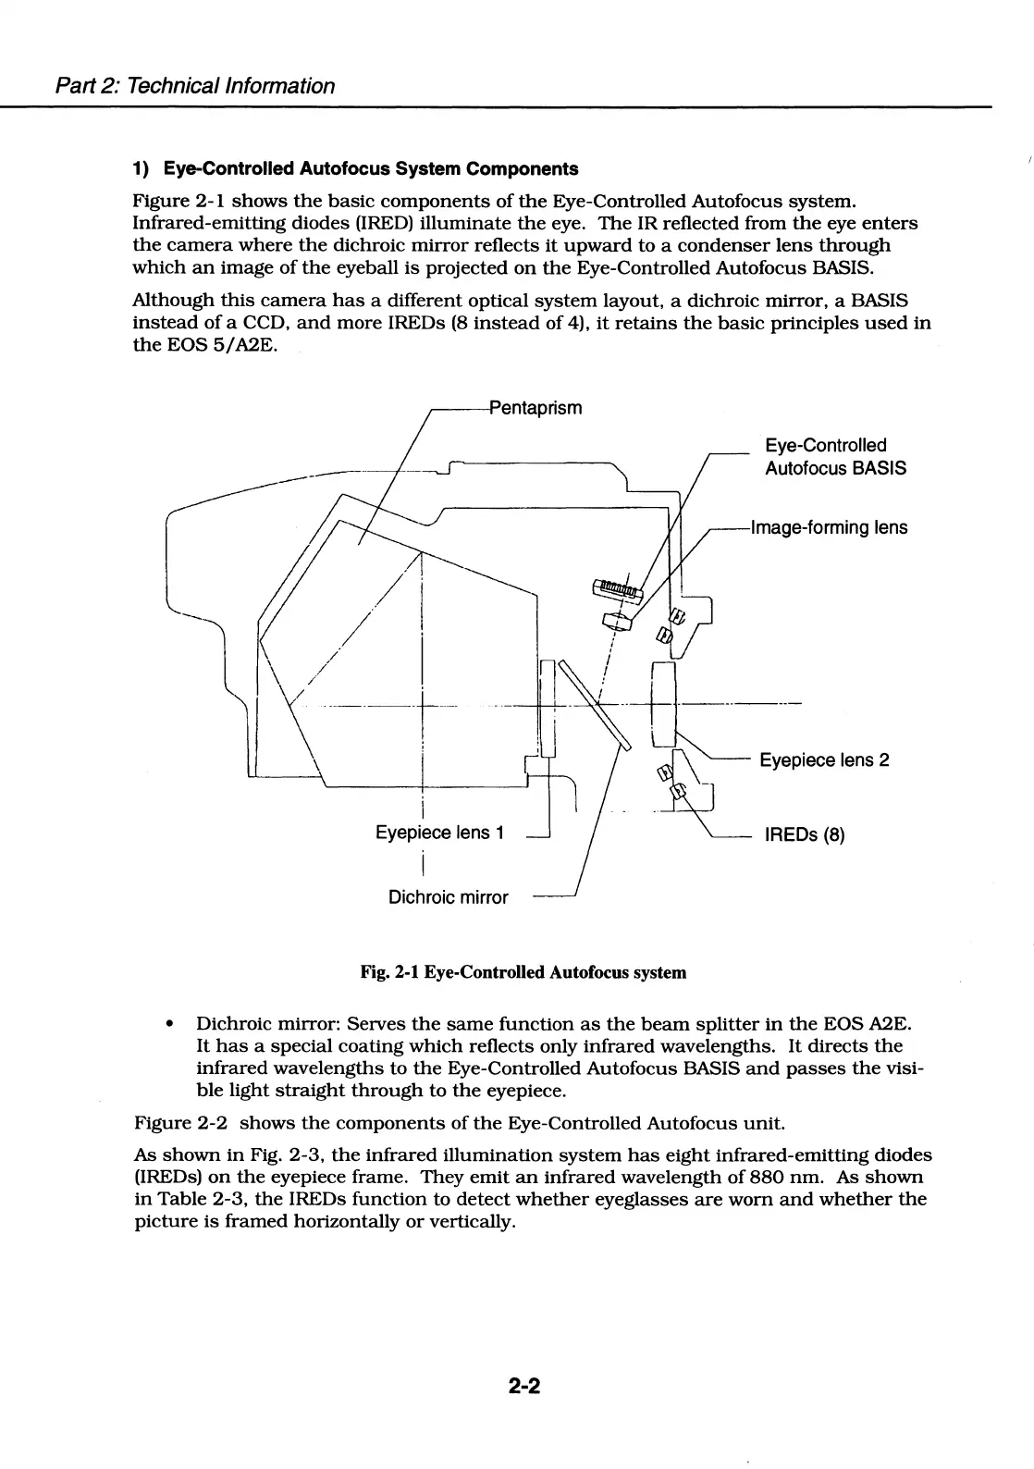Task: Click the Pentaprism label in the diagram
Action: click(535, 408)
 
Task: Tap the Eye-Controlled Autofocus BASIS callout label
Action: click(834, 457)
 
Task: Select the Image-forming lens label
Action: click(830, 528)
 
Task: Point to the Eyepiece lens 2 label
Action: click(824, 760)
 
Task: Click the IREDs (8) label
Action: click(804, 835)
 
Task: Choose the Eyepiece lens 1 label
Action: click(439, 833)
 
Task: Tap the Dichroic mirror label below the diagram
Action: click(448, 897)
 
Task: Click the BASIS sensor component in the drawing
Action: click(616, 587)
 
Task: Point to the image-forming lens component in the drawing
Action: click(617, 621)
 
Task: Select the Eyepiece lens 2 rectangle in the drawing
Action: click(665, 705)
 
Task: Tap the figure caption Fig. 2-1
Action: click(523, 972)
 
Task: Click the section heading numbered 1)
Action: click(355, 169)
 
